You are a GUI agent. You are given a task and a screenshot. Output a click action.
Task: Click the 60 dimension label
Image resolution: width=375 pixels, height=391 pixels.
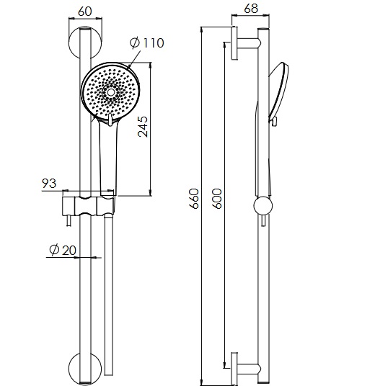pyautogui.click(x=85, y=12)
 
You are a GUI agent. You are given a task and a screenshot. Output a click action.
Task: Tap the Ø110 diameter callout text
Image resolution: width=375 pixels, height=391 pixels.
pyautogui.click(x=147, y=42)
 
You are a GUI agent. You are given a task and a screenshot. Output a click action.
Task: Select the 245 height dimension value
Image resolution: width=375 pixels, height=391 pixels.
pyautogui.click(x=143, y=127)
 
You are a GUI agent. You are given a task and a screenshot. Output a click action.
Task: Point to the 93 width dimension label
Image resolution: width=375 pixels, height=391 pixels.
pyautogui.click(x=49, y=184)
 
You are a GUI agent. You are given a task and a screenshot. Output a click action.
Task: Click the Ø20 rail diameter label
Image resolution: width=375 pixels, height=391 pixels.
pyautogui.click(x=63, y=250)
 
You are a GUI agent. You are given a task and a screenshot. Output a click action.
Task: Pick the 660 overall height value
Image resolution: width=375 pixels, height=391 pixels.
pyautogui.click(x=194, y=199)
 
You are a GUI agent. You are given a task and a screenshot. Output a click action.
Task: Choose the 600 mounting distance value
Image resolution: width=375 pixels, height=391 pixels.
pyautogui.click(x=217, y=199)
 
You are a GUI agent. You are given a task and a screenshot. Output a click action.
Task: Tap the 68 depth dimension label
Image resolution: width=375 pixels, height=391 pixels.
pyautogui.click(x=251, y=9)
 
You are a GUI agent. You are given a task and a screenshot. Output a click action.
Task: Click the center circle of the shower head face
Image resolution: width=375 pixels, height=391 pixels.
pyautogui.click(x=110, y=92)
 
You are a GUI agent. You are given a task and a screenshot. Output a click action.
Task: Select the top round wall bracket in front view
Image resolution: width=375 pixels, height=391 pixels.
pyautogui.click(x=85, y=42)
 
